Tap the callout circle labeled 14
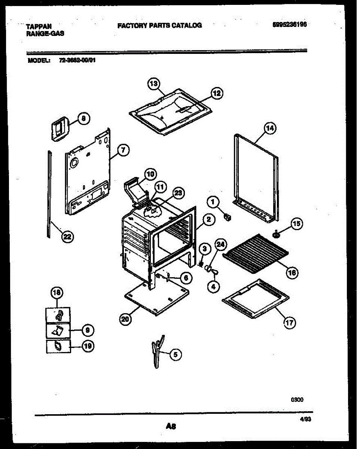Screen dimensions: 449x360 click(x=269, y=128)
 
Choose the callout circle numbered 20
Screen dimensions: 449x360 click(x=126, y=319)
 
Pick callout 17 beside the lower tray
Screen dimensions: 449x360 click(x=290, y=323)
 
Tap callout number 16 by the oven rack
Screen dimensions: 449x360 click(x=292, y=272)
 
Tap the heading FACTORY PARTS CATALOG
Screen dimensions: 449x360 click(x=159, y=25)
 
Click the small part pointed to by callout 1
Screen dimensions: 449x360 click(x=226, y=216)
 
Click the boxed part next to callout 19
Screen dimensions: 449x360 click(x=58, y=346)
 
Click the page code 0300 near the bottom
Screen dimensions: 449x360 click(x=298, y=400)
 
